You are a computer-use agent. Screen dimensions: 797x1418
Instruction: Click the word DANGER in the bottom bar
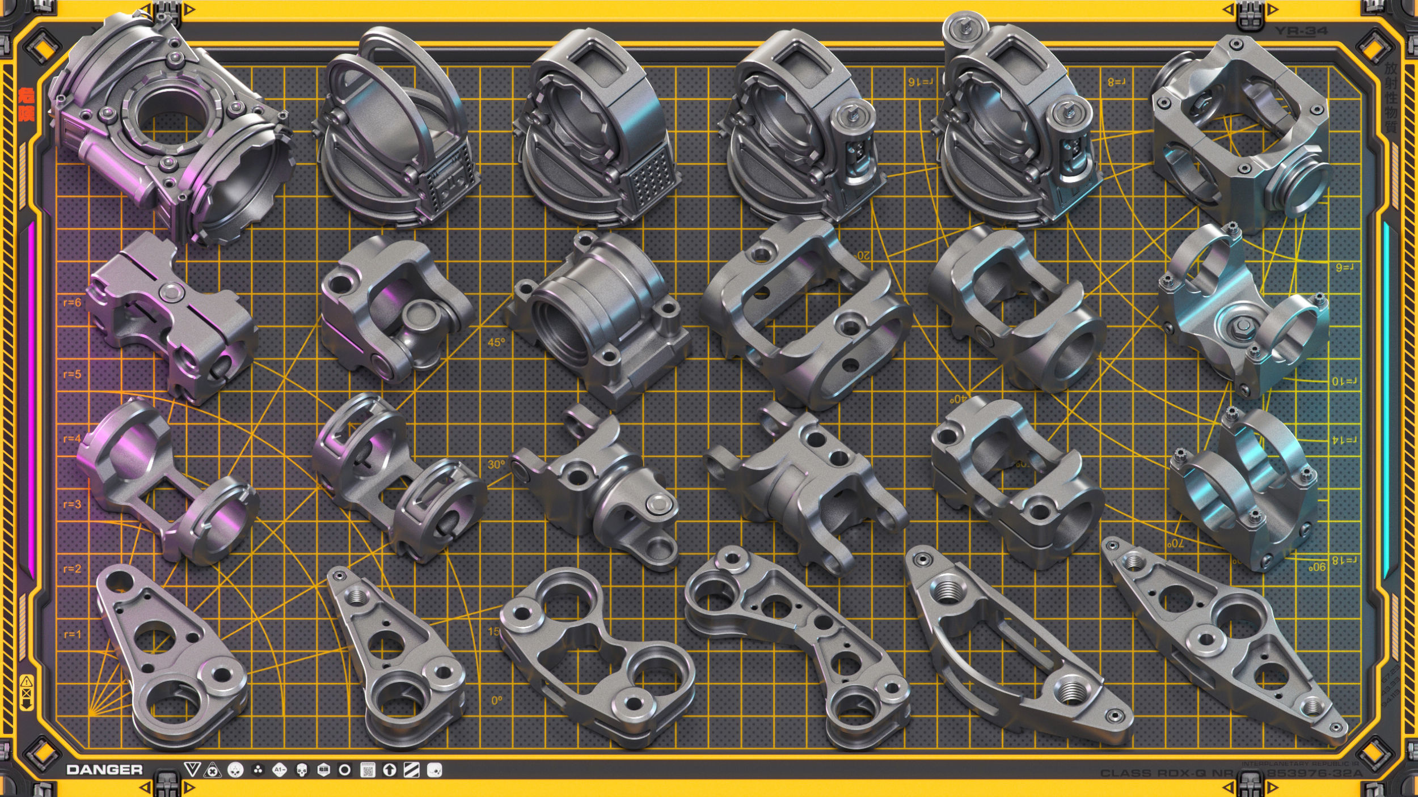[104, 770]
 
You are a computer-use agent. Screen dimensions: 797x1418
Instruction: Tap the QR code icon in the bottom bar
[368, 770]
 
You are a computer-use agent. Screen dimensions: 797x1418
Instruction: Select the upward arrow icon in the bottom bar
[389, 770]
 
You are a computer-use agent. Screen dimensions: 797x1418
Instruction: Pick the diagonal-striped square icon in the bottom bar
[411, 770]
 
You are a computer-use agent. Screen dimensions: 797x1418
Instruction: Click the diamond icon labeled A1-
[279, 770]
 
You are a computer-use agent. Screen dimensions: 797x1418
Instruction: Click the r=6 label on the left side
[72, 303]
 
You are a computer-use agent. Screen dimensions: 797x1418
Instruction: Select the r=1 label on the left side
[72, 634]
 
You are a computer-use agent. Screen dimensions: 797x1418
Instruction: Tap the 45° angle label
[496, 342]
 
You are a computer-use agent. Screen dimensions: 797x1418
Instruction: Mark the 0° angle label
[496, 701]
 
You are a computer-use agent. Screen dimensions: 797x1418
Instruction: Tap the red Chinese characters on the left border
[26, 105]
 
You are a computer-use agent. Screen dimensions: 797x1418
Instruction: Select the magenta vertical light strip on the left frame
[31, 397]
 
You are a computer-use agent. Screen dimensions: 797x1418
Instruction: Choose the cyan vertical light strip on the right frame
[1386, 397]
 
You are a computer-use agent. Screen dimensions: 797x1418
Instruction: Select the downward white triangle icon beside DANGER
[192, 770]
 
